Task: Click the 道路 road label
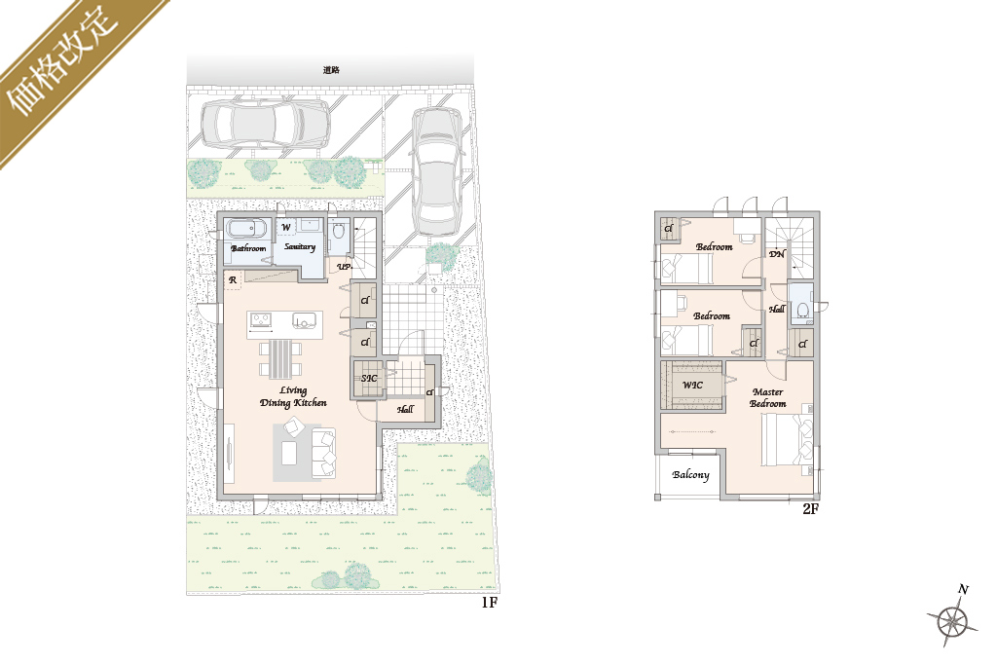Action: click(x=331, y=70)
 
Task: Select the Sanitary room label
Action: click(x=300, y=246)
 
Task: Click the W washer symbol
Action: click(x=286, y=227)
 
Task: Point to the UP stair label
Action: click(x=344, y=267)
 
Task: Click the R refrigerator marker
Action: click(x=233, y=279)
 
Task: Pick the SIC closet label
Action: click(x=369, y=379)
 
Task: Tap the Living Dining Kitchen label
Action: click(x=293, y=396)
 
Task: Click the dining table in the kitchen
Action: click(x=280, y=359)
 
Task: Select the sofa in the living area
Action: click(x=323, y=453)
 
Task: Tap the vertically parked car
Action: click(x=437, y=171)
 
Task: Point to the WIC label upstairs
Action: click(x=692, y=385)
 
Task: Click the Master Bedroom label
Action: click(x=767, y=398)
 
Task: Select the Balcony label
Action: click(x=690, y=474)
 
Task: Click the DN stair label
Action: click(x=777, y=254)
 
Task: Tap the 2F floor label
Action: click(x=810, y=508)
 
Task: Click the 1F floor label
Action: click(x=489, y=602)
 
